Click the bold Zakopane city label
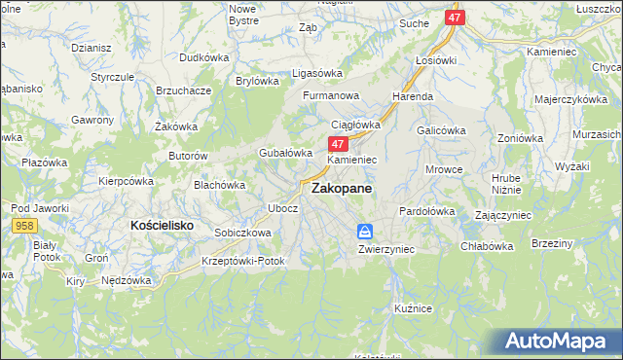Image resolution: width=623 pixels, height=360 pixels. click(x=341, y=192)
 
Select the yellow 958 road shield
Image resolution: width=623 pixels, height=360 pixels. click(x=26, y=225)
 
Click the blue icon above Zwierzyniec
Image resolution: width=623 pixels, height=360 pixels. click(x=365, y=232)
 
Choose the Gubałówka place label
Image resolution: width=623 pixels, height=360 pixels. click(x=284, y=153)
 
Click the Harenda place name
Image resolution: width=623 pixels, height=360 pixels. click(x=412, y=97)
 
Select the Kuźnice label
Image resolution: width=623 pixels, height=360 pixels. click(x=414, y=307)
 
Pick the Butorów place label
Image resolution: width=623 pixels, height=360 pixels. click(x=189, y=156)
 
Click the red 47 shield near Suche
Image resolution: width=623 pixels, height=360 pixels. click(x=456, y=18)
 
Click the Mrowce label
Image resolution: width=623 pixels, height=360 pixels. click(x=444, y=169)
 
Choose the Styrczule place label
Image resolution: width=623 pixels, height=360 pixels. click(x=112, y=76)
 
